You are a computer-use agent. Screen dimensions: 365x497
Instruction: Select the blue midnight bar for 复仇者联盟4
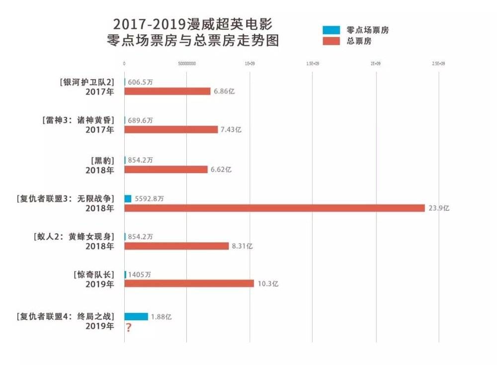pos(136,316)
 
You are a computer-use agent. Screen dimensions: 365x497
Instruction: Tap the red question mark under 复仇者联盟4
pos(129,328)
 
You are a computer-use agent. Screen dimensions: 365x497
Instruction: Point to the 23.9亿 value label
pos(439,208)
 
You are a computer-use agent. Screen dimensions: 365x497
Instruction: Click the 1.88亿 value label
pos(162,317)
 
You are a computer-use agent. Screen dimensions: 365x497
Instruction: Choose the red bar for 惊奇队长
pos(189,283)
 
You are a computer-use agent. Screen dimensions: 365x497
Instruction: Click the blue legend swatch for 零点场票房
pos(331,30)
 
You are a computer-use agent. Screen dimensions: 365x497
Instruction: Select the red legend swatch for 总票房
pos(331,41)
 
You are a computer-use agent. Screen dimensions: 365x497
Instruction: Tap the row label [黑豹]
pos(102,160)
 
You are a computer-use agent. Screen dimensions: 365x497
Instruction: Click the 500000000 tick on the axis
pos(186,64)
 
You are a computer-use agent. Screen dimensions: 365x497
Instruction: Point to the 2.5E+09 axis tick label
pos(438,64)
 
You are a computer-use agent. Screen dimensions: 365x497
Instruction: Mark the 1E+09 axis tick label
pos(249,64)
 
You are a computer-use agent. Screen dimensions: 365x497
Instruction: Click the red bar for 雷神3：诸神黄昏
pos(171,129)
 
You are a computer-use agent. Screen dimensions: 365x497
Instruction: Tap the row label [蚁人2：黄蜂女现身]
pos(72,237)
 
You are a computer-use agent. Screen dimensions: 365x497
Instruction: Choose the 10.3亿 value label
pos(268,284)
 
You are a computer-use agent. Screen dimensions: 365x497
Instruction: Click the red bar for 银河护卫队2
pos(167,91)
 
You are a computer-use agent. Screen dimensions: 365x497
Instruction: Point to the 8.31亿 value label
pos(242,246)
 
